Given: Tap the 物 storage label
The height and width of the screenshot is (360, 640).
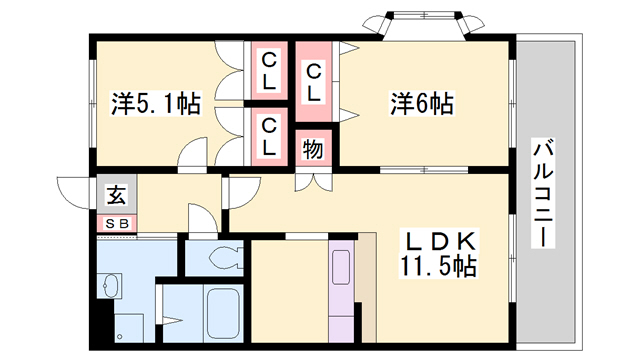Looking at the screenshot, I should pos(312,149).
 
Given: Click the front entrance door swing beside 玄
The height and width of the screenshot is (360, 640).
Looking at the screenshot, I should pos(76,190).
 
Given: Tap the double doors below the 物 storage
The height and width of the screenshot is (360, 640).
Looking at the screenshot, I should pos(312,181).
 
